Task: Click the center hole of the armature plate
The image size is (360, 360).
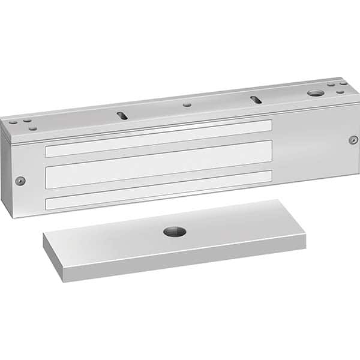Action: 175,232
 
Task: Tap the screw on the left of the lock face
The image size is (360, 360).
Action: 20,181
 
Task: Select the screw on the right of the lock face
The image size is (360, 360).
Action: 353,140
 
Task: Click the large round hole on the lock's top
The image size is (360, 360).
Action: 315,93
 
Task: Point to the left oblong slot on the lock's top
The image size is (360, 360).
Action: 122,115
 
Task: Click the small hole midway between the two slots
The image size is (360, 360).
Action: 188,104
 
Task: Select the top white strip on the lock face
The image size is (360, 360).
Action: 158,138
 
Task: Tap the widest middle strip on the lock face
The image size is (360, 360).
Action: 158,165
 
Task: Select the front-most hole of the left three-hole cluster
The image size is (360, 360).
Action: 31,127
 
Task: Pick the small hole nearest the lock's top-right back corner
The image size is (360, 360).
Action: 343,84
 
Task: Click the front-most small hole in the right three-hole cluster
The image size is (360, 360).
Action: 340,92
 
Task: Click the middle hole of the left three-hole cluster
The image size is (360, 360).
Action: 26,121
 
